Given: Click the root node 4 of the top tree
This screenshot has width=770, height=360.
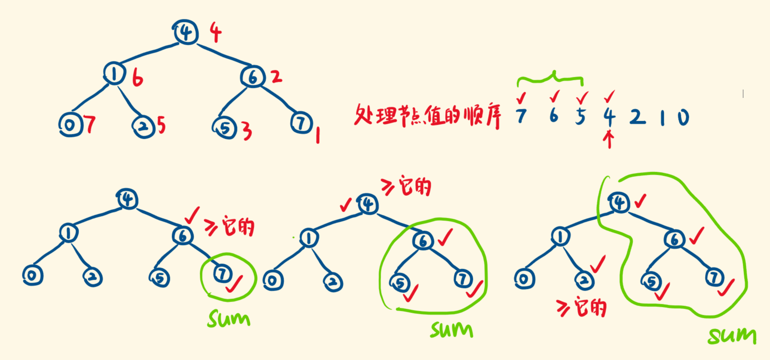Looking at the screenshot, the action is coord(186,32).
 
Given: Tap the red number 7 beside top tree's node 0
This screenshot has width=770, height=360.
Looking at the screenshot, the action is coord(90,125).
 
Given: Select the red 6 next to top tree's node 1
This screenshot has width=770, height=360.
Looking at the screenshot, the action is coord(137,79).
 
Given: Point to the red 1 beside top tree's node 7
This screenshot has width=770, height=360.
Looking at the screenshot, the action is coord(317,135).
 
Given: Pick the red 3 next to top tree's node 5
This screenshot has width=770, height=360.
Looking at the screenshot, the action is coord(247,131).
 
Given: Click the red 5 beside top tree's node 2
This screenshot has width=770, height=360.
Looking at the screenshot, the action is coord(162,126).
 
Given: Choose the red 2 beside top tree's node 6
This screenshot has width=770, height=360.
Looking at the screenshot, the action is coord(276,77).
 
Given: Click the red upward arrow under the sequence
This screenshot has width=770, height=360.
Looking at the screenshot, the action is coord(609,140).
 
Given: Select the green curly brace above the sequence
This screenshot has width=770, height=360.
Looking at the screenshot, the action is coord(551,79).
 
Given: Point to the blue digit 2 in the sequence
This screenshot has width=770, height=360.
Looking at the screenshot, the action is coord(638,117).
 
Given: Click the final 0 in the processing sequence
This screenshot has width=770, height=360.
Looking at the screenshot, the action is coord(683,117).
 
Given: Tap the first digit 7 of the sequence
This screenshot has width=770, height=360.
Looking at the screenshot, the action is coord(521,116).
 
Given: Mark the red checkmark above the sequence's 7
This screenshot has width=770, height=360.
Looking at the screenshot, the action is coord(521,97).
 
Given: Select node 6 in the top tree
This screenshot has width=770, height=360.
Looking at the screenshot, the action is coord(253,77).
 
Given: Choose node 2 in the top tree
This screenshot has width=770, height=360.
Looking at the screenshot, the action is coord(143,126).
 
